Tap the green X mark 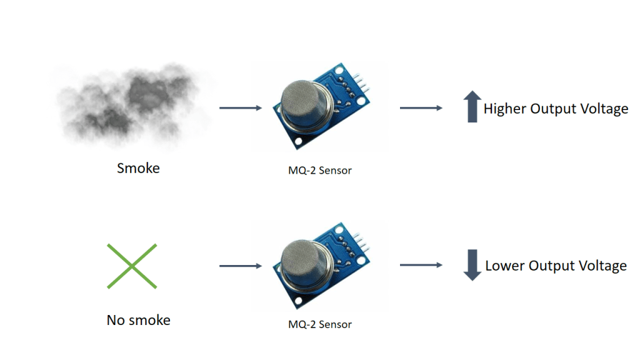131,266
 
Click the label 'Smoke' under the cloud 138,168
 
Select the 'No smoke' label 138,321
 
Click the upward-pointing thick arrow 472,107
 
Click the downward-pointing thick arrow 472,265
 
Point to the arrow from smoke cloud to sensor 241,108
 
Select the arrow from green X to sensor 241,266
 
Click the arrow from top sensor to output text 421,108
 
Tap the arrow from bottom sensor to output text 421,266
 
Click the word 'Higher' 505,109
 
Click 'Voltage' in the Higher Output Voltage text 603,109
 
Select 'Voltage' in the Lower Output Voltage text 602,266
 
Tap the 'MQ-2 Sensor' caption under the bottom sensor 320,324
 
